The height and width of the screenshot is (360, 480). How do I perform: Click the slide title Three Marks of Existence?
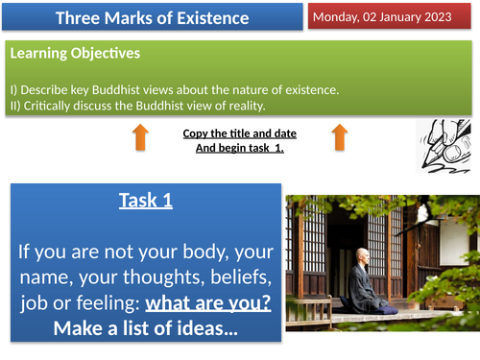(x=151, y=18)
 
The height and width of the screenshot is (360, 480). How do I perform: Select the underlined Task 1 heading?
(x=147, y=200)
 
